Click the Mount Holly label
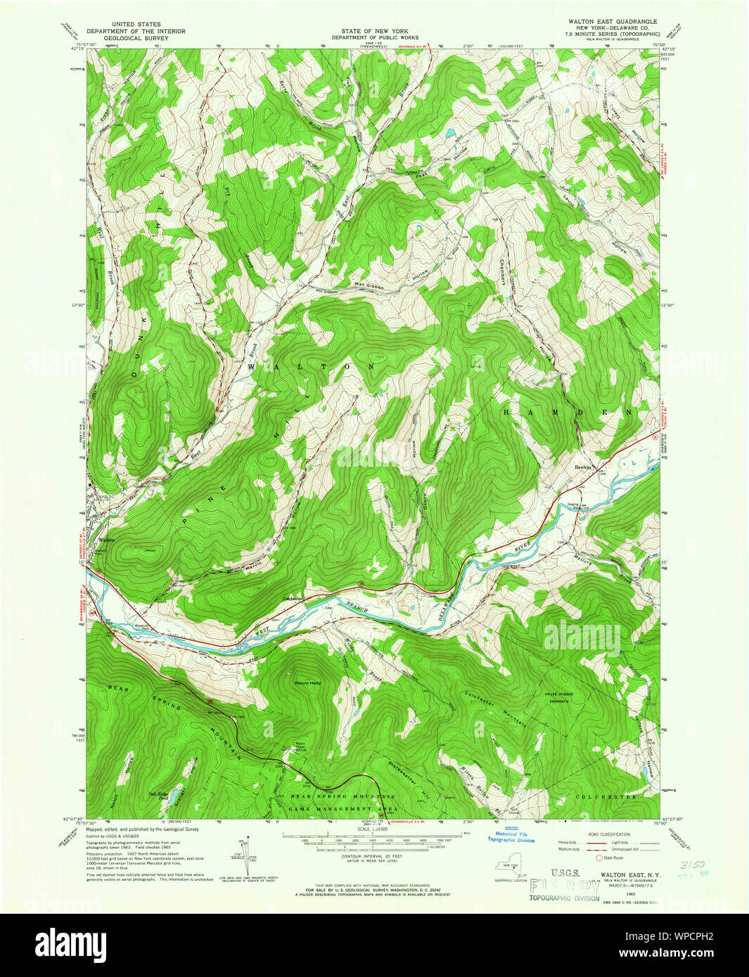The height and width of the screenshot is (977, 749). (x=307, y=682)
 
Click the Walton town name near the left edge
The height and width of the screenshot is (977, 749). (x=106, y=540)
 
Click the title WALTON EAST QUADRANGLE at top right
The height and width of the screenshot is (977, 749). (x=613, y=22)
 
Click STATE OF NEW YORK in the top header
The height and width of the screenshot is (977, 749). (x=374, y=31)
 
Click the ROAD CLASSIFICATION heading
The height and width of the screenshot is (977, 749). (x=610, y=834)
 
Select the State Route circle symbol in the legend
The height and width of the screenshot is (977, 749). (x=599, y=858)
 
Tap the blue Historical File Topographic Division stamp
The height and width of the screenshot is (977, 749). (x=511, y=836)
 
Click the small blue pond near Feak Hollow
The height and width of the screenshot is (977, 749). (x=448, y=132)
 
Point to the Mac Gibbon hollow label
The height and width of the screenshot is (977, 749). (x=370, y=285)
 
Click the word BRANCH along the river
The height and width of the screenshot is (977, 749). (x=355, y=609)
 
